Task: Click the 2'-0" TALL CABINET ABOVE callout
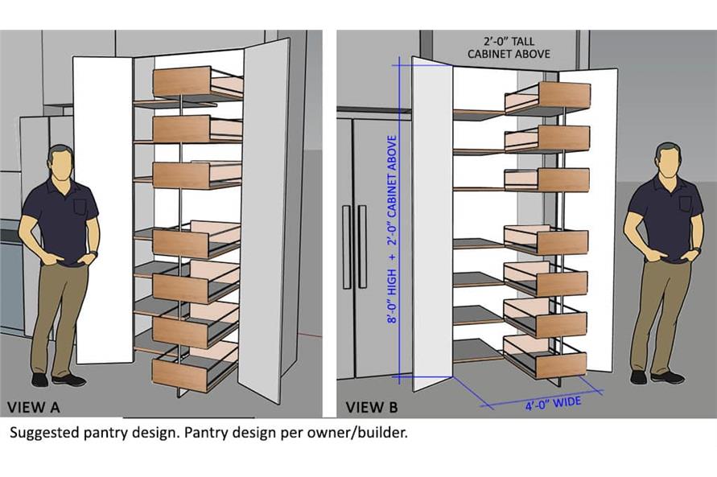point(509,47)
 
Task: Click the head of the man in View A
point(60,162)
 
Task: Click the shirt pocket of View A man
point(79,207)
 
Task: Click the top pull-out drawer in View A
point(196,82)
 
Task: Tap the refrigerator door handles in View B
point(354,247)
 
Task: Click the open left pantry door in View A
point(103,209)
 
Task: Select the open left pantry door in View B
point(432,225)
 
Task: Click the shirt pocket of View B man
point(685,204)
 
